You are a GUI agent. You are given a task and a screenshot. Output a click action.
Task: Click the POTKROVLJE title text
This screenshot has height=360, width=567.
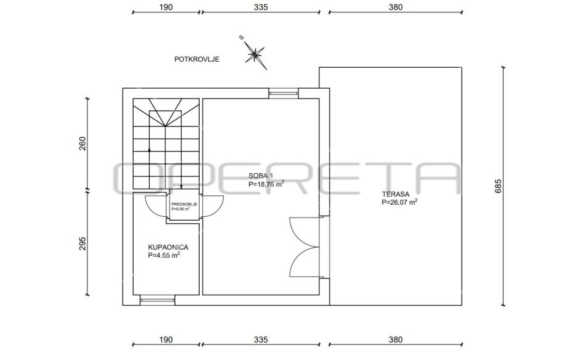(197, 59)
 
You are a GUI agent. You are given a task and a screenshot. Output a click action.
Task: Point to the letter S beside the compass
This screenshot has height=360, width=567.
(242, 37)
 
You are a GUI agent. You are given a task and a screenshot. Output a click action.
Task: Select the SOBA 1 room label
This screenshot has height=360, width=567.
(261, 176)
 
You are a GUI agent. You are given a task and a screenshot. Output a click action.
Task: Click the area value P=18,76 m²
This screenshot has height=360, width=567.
(266, 184)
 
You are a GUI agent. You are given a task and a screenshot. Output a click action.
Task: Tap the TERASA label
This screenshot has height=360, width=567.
(395, 194)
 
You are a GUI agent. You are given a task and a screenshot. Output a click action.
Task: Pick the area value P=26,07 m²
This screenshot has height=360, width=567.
(399, 202)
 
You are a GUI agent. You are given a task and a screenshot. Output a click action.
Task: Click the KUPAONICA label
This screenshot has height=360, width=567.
(168, 247)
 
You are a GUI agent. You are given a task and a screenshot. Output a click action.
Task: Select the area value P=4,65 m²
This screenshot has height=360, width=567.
(164, 255)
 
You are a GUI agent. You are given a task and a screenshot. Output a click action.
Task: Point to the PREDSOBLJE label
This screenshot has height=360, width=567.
(184, 204)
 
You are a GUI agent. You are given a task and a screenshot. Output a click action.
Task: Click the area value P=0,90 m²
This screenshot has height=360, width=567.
(181, 209)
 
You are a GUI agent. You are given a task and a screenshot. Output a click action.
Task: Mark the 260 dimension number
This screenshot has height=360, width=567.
(83, 144)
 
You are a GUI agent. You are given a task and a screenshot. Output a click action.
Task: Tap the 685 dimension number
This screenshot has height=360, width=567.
(498, 186)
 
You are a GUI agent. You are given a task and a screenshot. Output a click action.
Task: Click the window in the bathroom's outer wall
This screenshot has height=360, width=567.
(157, 300)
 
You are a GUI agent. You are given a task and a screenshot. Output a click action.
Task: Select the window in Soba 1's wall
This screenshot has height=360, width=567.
(283, 93)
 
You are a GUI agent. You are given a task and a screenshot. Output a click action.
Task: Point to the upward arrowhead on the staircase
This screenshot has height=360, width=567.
(149, 149)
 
